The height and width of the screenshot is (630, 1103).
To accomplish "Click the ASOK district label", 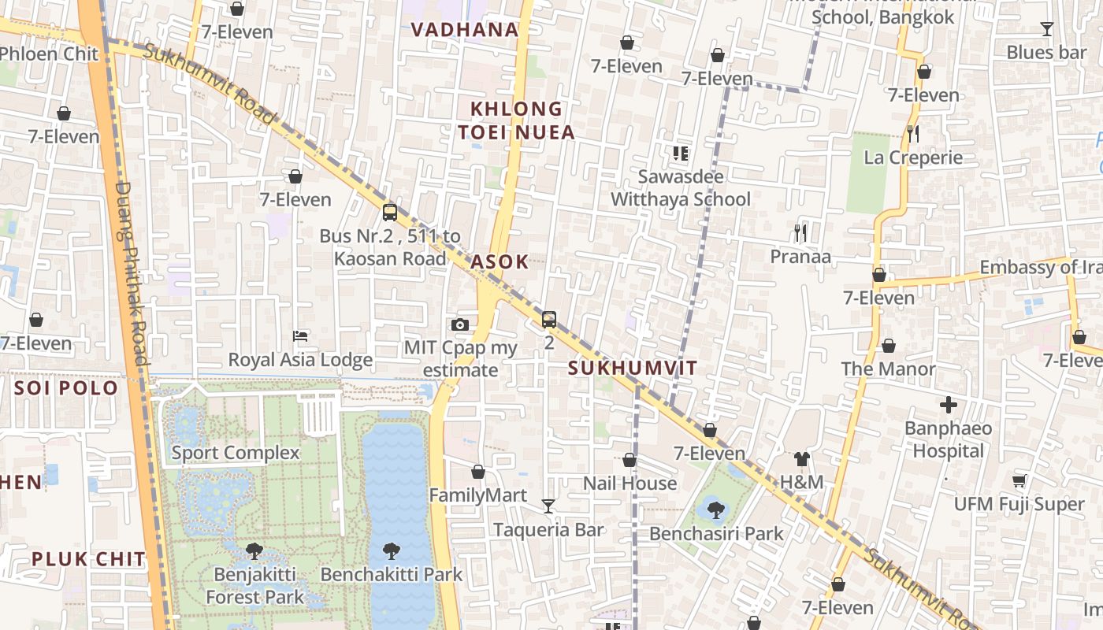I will point(500,262).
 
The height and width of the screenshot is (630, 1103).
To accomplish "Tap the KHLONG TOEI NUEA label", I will point(517,120).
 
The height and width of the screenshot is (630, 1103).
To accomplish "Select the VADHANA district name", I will point(465,30).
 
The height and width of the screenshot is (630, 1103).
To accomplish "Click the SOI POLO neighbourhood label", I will point(66,387).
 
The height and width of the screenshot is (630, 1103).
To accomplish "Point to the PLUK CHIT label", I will point(88,559).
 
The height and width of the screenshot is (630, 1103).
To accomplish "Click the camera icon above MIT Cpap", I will point(460,324).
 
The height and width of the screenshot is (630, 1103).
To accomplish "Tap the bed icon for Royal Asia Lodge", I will point(300,336).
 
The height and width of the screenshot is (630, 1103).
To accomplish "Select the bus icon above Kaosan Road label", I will point(389,212).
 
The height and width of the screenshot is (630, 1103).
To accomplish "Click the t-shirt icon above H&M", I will point(801,458).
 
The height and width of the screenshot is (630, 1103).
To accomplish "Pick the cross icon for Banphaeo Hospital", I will point(948,405).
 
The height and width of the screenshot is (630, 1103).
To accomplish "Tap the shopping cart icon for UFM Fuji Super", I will point(1019,480).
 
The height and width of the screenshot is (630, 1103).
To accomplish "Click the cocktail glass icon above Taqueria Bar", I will point(548,506).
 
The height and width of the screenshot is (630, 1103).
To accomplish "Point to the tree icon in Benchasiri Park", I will point(716,510).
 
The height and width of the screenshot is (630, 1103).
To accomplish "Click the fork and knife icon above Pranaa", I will point(800,232).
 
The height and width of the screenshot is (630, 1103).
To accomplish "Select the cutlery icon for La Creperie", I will point(912,133).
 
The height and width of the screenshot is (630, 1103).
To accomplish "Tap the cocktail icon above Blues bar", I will point(1046,29).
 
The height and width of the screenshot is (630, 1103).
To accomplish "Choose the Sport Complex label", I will point(236,453).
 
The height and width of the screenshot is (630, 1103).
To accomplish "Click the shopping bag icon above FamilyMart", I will point(477,472).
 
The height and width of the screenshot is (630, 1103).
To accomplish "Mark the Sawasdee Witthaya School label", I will point(681,187).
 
